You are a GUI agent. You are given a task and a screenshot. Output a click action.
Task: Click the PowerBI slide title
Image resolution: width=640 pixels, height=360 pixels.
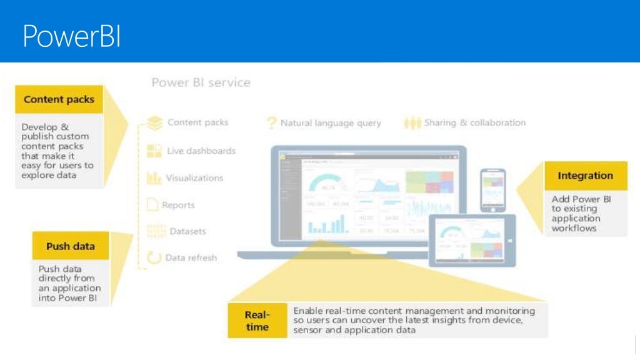pos(71,36)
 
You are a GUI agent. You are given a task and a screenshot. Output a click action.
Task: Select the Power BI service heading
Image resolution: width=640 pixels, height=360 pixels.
pos(201,82)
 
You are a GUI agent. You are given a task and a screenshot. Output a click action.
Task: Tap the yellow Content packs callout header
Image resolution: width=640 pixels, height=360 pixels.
pos(59,99)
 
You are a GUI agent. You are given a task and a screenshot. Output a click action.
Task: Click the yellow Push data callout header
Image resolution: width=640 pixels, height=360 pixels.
pos(71,246)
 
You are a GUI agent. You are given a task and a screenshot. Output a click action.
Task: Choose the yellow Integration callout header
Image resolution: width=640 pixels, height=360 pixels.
pos(585,176)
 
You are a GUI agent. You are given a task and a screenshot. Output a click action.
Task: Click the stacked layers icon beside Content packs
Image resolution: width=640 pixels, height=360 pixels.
pos(154,122)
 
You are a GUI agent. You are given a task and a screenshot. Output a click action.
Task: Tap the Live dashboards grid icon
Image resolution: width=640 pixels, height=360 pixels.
pos(154,151)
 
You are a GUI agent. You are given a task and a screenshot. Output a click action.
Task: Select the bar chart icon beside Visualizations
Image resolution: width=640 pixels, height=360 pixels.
pos(154,178)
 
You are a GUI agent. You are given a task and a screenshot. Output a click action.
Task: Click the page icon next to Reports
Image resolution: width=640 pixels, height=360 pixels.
pos(152,205)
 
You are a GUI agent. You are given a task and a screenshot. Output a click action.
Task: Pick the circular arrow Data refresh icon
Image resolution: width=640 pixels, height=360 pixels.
pos(154,257)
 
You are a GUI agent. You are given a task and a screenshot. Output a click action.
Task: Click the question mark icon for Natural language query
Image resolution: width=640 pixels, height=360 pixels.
pos(271,123)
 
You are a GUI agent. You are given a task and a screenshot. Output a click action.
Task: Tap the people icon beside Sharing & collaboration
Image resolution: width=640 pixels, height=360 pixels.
pos(412,123)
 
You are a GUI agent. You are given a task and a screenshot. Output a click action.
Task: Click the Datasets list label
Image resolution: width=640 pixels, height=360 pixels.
pos(187,231)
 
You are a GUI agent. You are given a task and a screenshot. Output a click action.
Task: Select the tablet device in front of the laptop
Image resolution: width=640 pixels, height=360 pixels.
pos(471,241)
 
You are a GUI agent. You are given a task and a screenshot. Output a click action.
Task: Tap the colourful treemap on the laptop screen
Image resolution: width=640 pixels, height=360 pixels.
pos(429,182)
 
